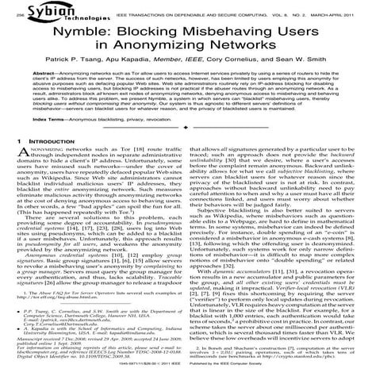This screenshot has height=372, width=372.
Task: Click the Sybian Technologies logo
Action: [43, 10]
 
